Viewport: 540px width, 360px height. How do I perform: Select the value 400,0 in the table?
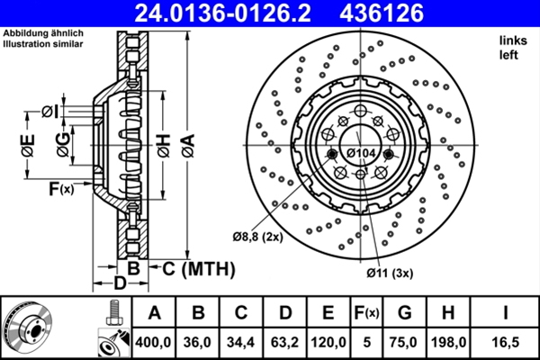click(x=154, y=342)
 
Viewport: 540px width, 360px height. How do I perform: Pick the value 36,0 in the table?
click(x=197, y=342)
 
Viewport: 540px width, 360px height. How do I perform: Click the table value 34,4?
click(x=240, y=342)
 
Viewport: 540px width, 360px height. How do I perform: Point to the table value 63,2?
click(x=284, y=342)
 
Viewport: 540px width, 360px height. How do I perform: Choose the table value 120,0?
click(x=328, y=342)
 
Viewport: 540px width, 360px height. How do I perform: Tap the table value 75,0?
click(x=406, y=342)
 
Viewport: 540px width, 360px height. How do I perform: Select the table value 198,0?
click(x=449, y=342)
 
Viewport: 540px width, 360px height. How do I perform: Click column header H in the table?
click(x=449, y=313)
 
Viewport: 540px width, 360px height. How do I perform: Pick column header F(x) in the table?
click(x=367, y=313)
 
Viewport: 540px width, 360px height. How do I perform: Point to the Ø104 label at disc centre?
click(x=361, y=154)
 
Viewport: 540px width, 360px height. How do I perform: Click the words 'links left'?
click(x=509, y=48)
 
